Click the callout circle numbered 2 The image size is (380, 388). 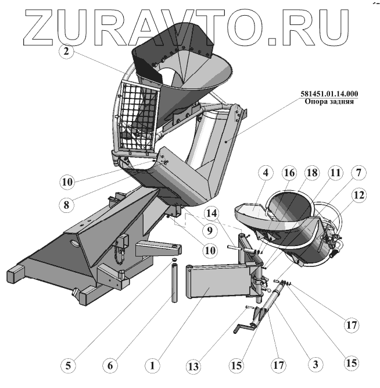coord(67,51)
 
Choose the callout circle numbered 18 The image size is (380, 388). coord(312,173)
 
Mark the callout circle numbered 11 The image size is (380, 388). coord(336,173)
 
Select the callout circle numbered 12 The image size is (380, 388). coord(359,196)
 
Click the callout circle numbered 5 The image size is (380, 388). coord(69,366)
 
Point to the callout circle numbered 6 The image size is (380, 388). coord(110,366)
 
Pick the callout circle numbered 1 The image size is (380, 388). coord(152,366)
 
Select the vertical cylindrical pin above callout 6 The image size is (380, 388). coord(174,282)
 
